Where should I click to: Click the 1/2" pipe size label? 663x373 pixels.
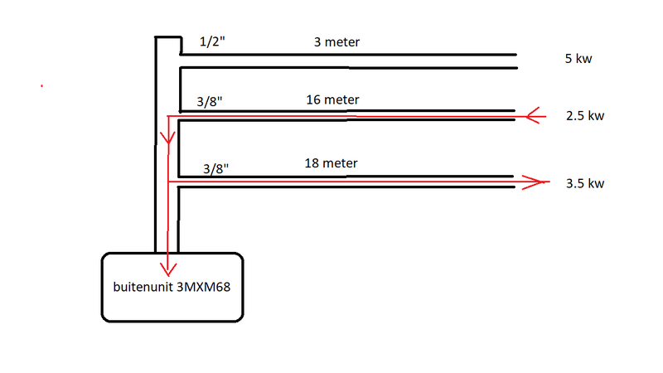coord(211,41)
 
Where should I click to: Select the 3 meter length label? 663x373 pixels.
coord(336,41)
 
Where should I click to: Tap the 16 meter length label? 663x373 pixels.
coord(331,99)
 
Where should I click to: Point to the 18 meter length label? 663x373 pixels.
coord(331,163)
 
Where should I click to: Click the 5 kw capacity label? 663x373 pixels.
coord(577,60)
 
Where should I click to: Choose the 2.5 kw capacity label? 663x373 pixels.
coord(584,116)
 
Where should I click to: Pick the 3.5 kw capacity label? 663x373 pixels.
coord(584,183)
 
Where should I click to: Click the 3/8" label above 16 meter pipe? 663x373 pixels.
coord(210,102)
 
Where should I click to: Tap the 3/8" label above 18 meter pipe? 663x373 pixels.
coord(215,168)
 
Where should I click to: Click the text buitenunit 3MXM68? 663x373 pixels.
coord(171,288)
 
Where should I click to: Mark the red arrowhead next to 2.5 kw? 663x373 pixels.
coord(535,115)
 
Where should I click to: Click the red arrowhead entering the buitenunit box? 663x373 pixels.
coord(168,268)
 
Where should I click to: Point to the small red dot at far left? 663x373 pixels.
coord(41,85)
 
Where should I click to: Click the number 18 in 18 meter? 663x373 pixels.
coord(312,163)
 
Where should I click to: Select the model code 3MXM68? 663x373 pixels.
coord(203,288)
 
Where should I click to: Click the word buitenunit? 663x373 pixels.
coord(143,288)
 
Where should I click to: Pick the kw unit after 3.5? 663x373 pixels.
coord(594,183)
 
